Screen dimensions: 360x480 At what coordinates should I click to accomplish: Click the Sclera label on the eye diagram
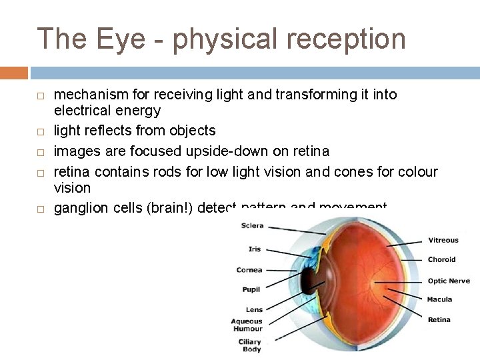[253, 226]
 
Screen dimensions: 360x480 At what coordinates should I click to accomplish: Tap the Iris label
[255, 249]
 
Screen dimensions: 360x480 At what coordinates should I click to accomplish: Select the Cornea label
[249, 270]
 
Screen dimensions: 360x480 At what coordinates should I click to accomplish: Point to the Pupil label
[251, 290]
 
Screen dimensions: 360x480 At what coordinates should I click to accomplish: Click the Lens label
[254, 310]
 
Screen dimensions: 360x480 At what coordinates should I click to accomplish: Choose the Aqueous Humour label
[247, 325]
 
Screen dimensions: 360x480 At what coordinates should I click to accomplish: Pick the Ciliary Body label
[250, 345]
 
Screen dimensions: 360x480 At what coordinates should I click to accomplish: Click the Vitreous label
[443, 240]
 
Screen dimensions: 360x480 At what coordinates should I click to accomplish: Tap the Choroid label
[442, 259]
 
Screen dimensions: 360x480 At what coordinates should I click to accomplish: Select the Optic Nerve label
[449, 281]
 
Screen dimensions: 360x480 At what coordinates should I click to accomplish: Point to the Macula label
[440, 299]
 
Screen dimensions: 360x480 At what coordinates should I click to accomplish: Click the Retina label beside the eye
[439, 320]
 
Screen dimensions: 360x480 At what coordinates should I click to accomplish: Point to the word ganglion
[79, 209]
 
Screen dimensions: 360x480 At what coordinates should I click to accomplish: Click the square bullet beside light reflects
[40, 132]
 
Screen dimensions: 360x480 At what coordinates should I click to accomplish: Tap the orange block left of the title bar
[14, 72]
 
